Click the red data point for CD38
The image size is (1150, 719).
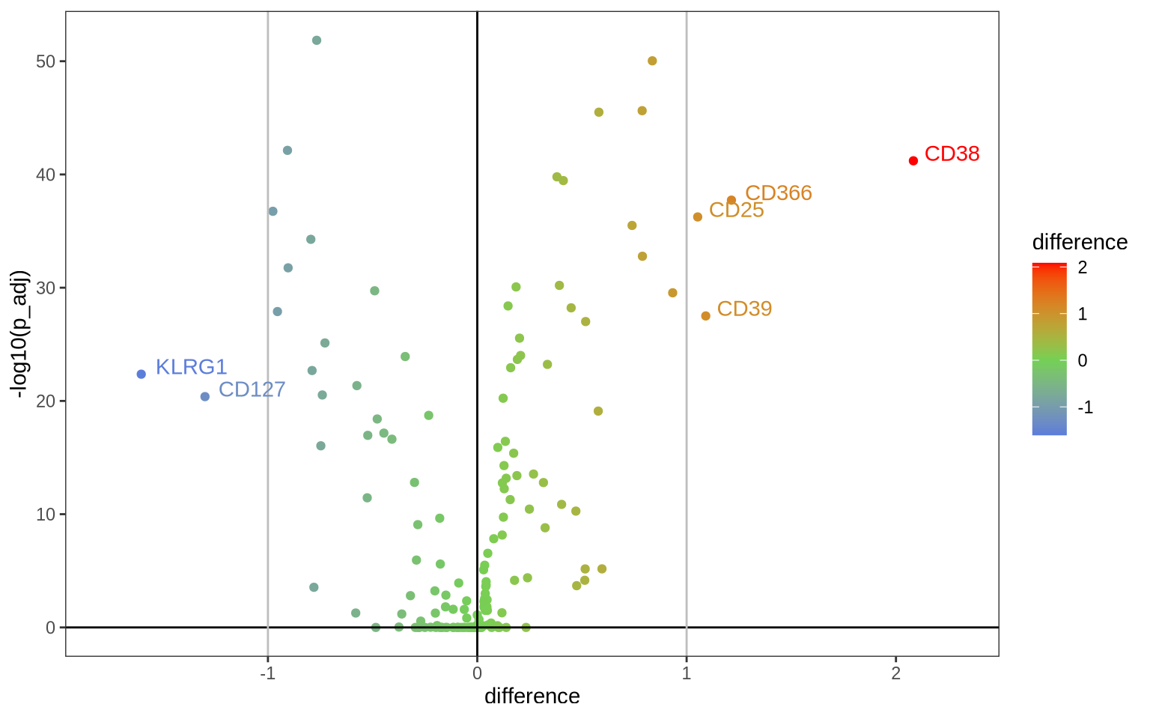913,161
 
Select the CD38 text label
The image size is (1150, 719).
952,154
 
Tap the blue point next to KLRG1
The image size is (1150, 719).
142,374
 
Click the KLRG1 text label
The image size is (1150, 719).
191,367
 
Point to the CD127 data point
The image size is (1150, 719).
205,396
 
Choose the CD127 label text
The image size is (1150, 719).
252,390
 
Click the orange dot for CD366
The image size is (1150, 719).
731,200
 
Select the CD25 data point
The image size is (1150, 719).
698,216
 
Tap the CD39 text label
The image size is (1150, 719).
744,309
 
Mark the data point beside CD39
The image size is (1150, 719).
705,316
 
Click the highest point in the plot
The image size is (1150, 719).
317,40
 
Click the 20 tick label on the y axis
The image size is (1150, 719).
46,401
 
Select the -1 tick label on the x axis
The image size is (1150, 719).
267,673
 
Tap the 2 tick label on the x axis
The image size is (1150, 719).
895,673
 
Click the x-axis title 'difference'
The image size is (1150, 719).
532,697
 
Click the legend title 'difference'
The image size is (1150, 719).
1079,243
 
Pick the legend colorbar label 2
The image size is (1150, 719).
1083,267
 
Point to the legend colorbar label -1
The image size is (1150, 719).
1085,408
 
